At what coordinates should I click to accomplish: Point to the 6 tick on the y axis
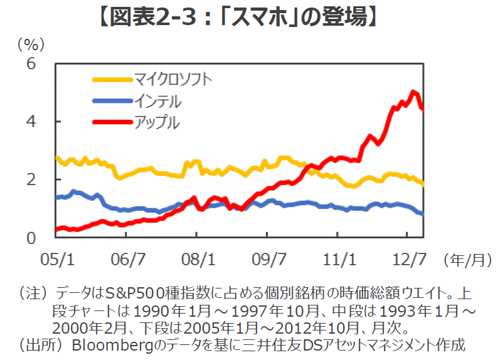(31, 63)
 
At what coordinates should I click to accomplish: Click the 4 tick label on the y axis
(31, 121)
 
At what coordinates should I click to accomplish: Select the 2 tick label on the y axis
(31, 179)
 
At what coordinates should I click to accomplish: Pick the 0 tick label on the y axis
(31, 238)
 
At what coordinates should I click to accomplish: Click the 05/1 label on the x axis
(56, 258)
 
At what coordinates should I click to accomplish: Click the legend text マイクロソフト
(173, 79)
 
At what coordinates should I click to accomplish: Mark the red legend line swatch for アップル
(112, 121)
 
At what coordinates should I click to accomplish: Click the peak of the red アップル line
(413, 92)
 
